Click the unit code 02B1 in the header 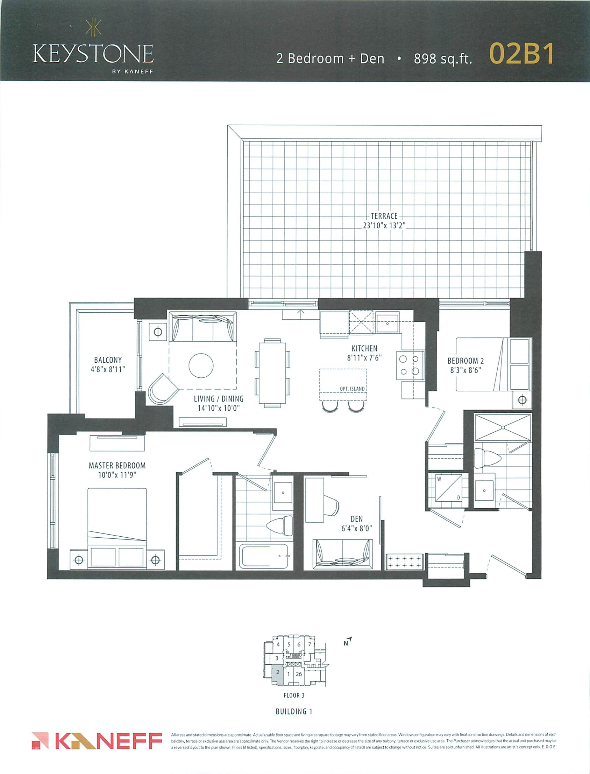[x=521, y=54]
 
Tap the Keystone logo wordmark [x=93, y=54]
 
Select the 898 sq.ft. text [x=443, y=59]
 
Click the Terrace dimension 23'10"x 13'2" [x=384, y=225]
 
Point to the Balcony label [x=108, y=360]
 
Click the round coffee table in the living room [x=201, y=365]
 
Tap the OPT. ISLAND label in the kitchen [x=352, y=389]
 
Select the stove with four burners [x=410, y=365]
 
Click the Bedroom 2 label [x=466, y=361]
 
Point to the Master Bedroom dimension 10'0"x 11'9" [x=117, y=475]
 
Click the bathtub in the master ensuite [x=264, y=556]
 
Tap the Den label [x=356, y=519]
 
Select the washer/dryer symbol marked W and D [x=448, y=488]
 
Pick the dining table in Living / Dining [x=272, y=373]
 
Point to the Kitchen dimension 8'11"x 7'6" [x=364, y=358]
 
